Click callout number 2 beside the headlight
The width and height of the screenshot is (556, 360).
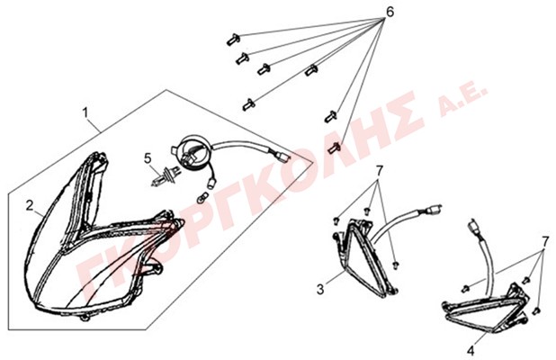[x=30, y=205]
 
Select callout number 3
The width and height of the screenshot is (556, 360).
[x=319, y=289]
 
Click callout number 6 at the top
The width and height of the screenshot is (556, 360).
[x=389, y=13]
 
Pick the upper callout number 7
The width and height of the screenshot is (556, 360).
[x=380, y=170]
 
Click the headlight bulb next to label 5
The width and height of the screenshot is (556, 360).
[x=163, y=176]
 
